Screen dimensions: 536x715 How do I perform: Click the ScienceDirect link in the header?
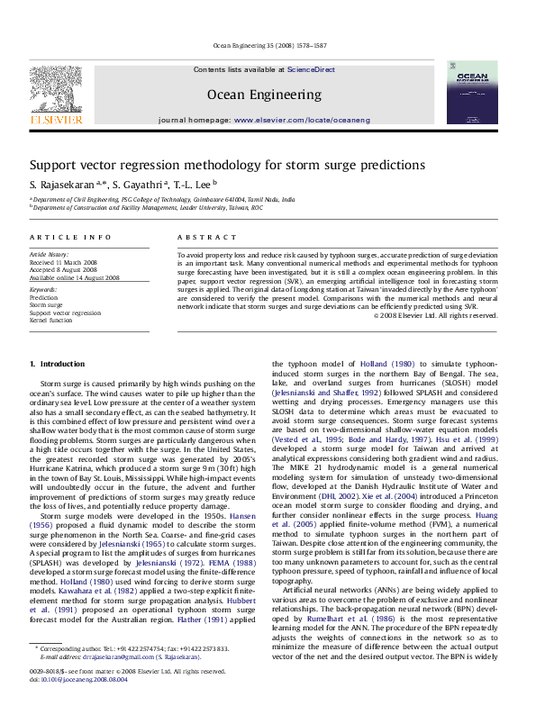[311, 69]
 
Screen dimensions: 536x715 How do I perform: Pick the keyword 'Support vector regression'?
[66, 312]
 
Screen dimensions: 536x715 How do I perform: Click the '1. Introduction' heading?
[57, 364]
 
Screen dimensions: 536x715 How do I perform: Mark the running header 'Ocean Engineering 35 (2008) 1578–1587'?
[268, 45]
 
